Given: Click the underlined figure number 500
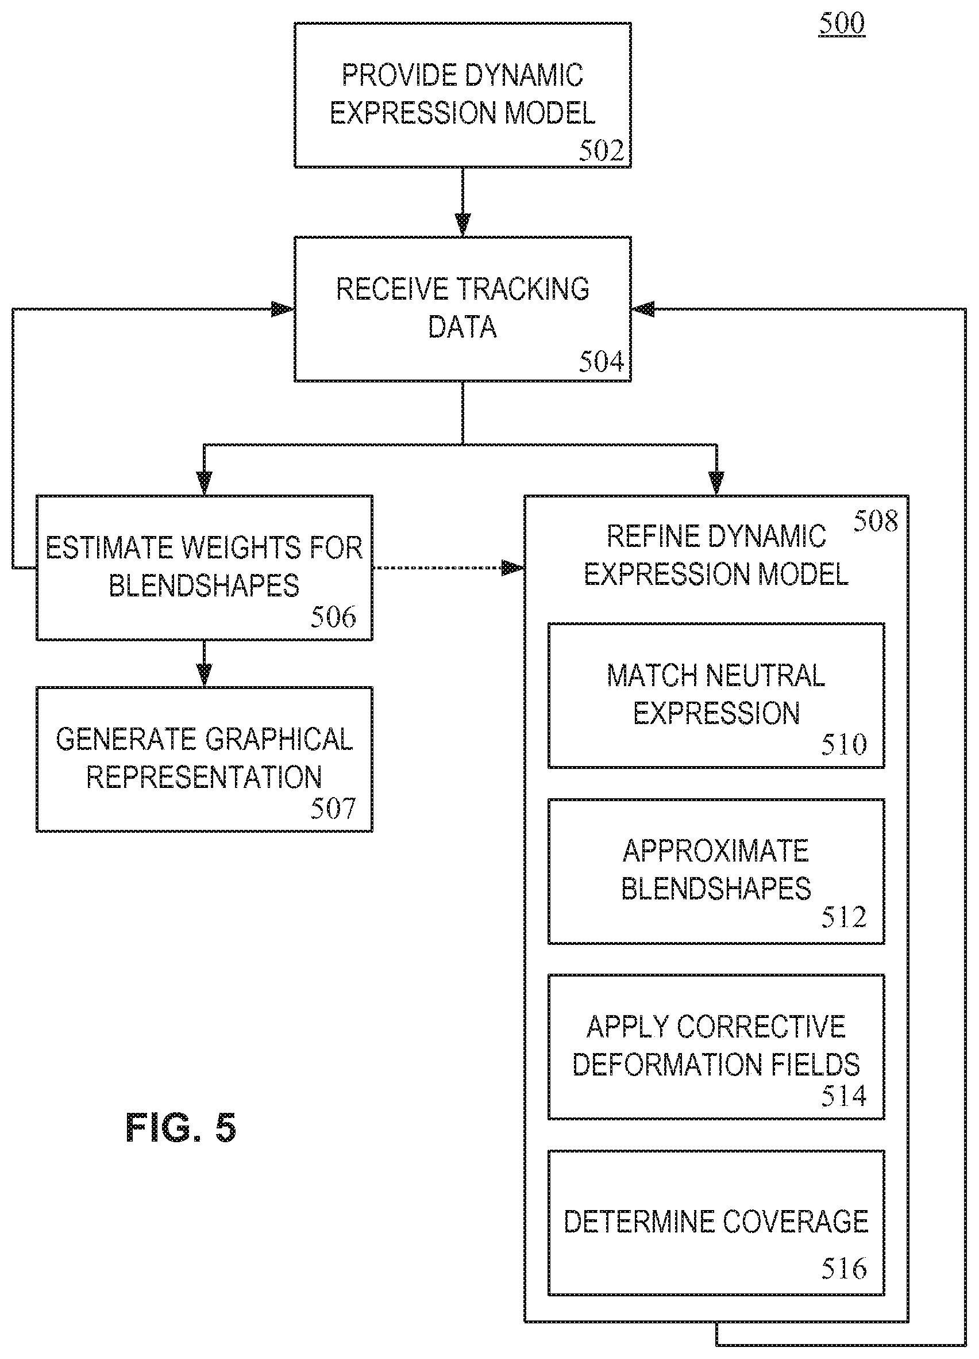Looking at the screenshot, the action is pos(842,24).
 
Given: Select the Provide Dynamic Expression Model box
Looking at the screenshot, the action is pos(462,95).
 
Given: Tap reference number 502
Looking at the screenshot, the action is pos(601,151).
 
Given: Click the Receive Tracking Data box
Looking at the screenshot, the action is pos(462,309).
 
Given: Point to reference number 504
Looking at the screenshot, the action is pos(601,362).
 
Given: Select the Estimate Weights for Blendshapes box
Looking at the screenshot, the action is pos(204,568).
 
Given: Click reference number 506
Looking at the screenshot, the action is pos(333,617).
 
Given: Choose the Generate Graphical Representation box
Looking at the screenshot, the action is pos(204,759).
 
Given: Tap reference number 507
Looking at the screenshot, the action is pos(333,809).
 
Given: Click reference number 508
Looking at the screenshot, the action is pos(876,520).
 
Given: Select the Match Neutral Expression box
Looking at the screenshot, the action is pos(716,695).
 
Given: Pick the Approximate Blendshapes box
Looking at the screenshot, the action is pos(716,871).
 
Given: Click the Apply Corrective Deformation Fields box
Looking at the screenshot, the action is pos(716,1047).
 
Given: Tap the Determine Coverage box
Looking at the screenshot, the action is pos(716,1223).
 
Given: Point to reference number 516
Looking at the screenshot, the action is pos(843,1269).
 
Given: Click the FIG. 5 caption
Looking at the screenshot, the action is pos(181,1128).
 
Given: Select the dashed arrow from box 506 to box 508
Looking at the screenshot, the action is pos(448,568).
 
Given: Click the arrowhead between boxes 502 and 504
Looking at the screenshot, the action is pos(462,225).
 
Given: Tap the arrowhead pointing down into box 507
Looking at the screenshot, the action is pos(204,675).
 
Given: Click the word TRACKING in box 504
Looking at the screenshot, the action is pos(523,289).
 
